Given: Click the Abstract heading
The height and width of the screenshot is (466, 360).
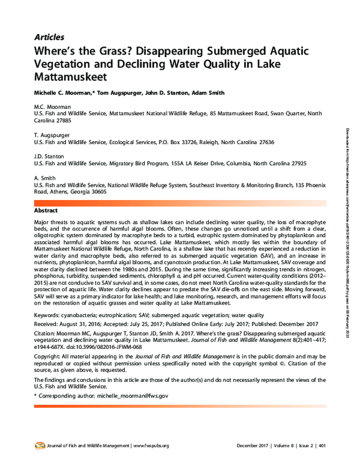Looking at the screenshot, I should pyautogui.click(x=46, y=211).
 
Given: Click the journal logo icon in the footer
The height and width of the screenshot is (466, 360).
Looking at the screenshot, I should pyautogui.click(x=39, y=446).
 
